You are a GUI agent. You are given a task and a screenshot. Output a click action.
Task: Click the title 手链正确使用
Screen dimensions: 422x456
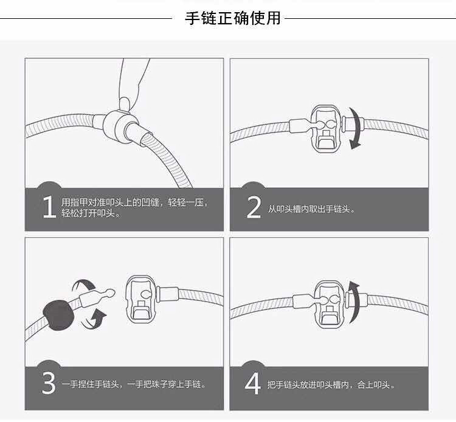pyautogui.click(x=233, y=18)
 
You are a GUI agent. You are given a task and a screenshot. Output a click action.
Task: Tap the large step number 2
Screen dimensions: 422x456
pyautogui.click(x=254, y=207)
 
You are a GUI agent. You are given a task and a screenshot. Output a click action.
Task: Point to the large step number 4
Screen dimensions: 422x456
pyautogui.click(x=254, y=384)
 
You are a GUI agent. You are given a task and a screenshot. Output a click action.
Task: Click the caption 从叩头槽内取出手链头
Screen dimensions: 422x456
pyautogui.click(x=311, y=209)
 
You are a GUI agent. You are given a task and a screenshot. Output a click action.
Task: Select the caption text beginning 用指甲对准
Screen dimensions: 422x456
pyautogui.click(x=134, y=207)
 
